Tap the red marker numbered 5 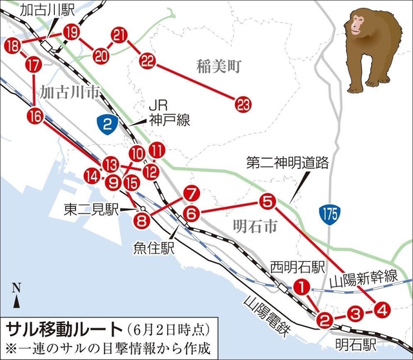click(268, 201)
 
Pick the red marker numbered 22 click(148, 61)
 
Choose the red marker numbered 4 click(381, 310)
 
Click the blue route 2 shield click(108, 123)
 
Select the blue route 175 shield click(328, 214)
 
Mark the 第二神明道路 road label click(288, 164)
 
